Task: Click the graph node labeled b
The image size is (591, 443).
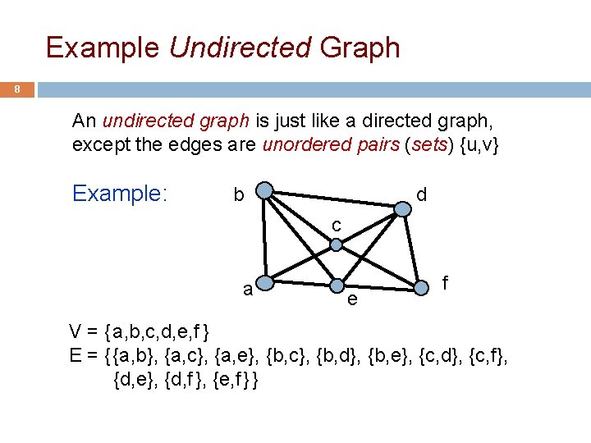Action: [x=264, y=192]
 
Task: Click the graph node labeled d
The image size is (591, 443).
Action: [x=402, y=208]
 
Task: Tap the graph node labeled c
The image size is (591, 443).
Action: [x=336, y=244]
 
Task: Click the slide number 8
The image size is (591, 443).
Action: [x=17, y=90]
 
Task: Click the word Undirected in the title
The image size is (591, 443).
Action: [x=241, y=48]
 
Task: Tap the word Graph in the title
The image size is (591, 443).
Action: [x=360, y=48]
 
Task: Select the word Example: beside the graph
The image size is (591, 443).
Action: [x=120, y=194]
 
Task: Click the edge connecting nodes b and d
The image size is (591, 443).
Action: [x=333, y=200]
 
